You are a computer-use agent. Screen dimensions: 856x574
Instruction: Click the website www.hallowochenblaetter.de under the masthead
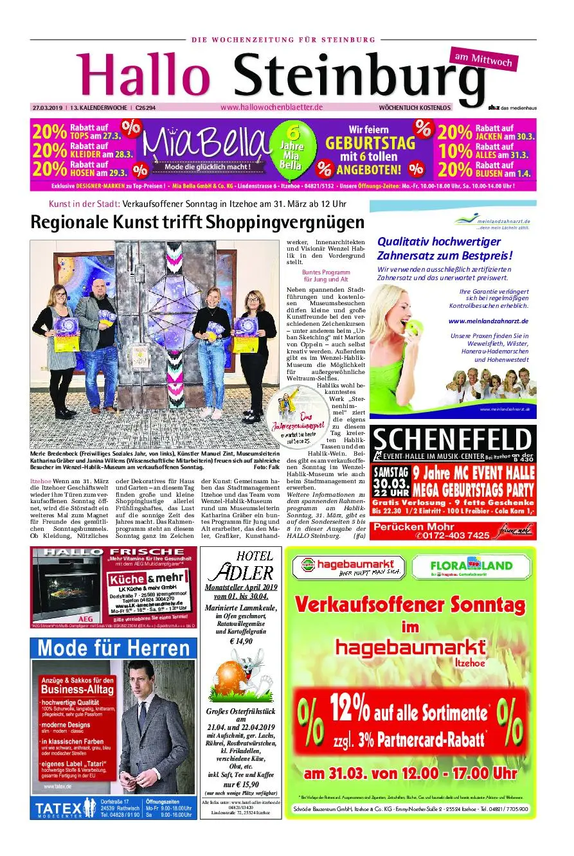click(x=271, y=107)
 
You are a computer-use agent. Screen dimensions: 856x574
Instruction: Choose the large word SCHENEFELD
click(x=453, y=440)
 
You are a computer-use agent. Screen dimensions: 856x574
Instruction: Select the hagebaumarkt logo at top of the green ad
click(x=349, y=567)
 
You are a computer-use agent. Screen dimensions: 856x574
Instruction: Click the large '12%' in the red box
click(x=350, y=709)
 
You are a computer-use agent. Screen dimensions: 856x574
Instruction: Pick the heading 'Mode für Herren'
click(x=113, y=647)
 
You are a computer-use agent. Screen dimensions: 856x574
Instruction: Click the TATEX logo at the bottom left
click(x=64, y=807)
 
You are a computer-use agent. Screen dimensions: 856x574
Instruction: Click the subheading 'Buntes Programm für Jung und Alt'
click(x=325, y=276)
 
